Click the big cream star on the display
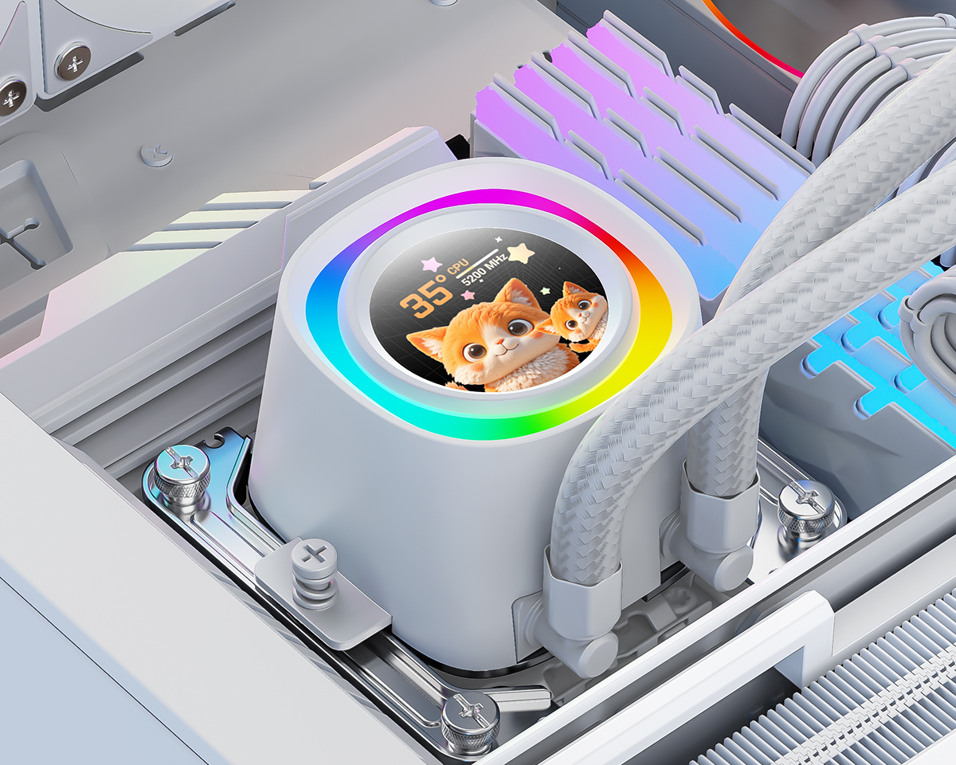pyautogui.click(x=521, y=253)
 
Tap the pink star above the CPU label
pyautogui.click(x=431, y=265)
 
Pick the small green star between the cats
pyautogui.click(x=546, y=291)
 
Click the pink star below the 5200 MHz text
pyautogui.click(x=467, y=295)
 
